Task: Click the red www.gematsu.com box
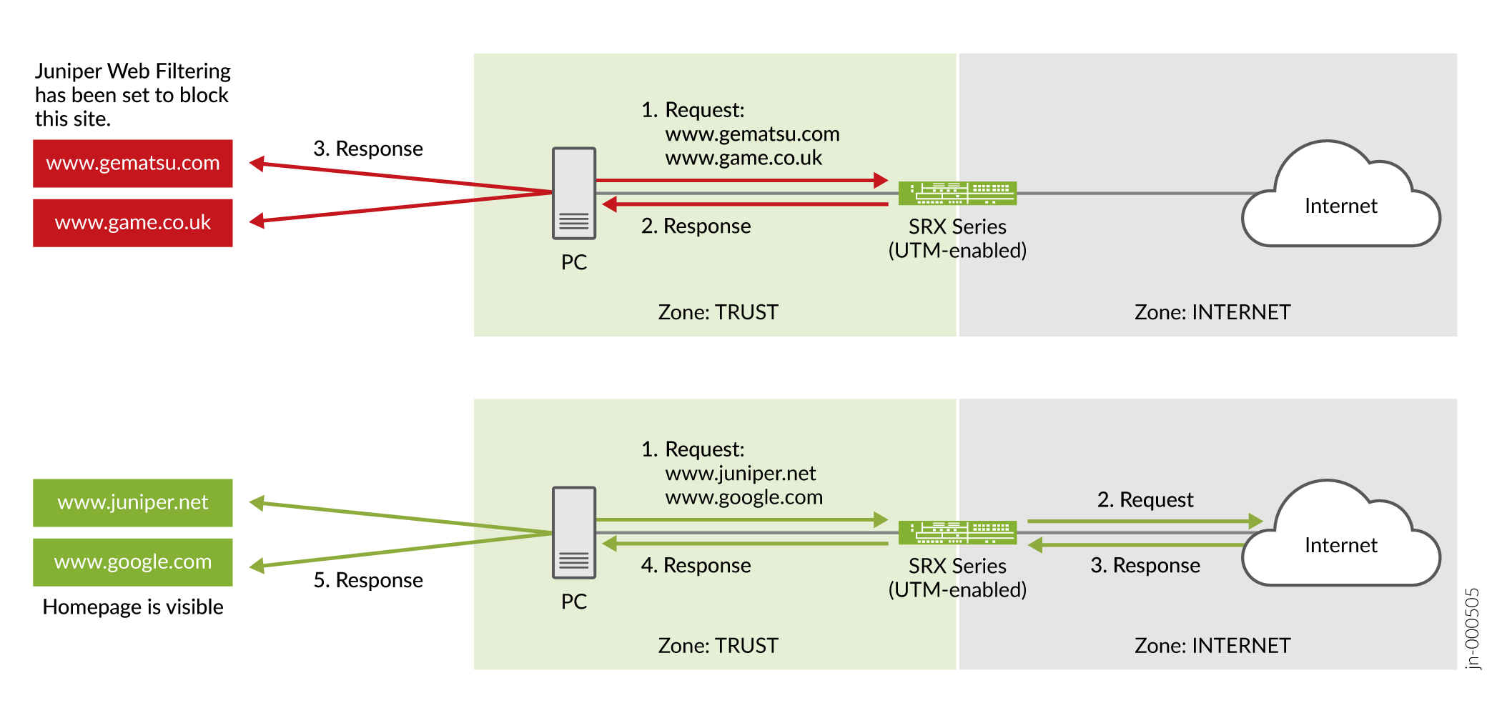point(133,164)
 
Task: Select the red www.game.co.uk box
point(133,223)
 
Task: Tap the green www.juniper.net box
point(133,503)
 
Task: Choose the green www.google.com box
point(133,562)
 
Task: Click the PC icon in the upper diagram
point(573,194)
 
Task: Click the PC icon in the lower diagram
point(573,533)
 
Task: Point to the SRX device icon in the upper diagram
point(957,194)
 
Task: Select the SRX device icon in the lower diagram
point(957,533)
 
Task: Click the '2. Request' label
point(1145,500)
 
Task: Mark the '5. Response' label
point(368,580)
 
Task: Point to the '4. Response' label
point(696,566)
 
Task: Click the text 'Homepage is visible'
point(133,607)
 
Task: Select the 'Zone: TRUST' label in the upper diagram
point(718,312)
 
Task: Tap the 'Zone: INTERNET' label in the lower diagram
point(1212,646)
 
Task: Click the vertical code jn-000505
point(1472,629)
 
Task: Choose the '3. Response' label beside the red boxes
point(368,149)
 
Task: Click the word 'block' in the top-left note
point(204,95)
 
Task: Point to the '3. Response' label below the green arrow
point(1145,566)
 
